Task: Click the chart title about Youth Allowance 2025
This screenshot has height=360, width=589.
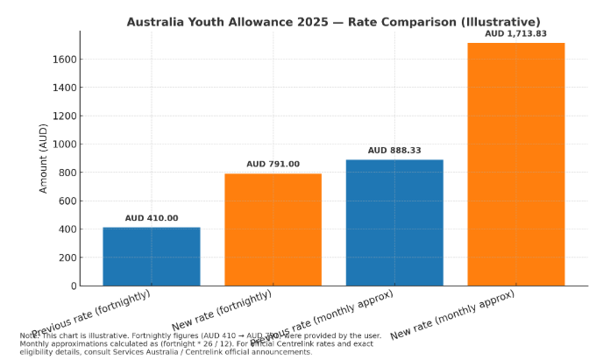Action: point(333,22)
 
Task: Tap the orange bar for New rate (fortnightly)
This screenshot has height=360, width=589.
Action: point(273,229)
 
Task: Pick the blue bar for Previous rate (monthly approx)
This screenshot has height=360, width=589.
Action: point(394,222)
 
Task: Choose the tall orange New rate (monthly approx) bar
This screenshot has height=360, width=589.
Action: point(515,164)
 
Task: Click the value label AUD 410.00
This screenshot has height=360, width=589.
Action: point(152,218)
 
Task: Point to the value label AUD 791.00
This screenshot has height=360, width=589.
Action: point(273,164)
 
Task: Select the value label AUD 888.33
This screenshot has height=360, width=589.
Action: point(394,151)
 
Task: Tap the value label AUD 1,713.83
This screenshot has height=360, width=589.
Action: point(515,33)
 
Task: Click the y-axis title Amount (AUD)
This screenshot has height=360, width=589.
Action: point(44,158)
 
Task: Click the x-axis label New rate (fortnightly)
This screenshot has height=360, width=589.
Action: point(223,311)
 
